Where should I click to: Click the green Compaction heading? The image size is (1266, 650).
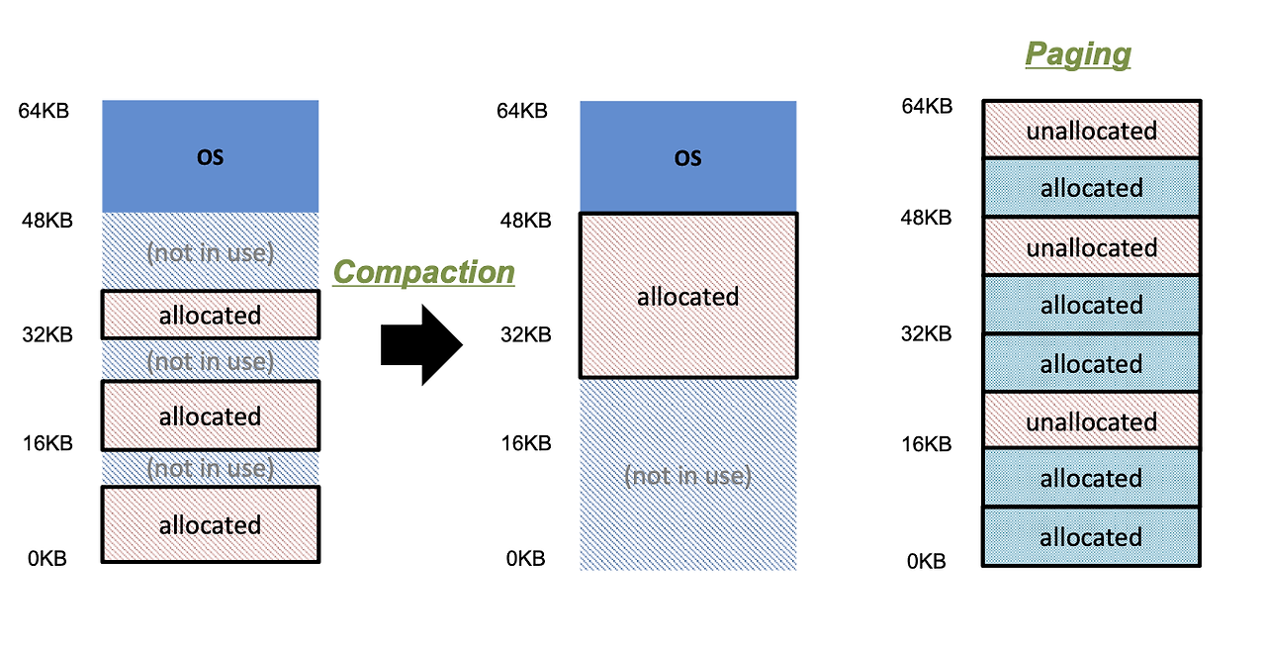pos(423,272)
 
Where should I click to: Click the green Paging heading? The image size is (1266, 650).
pos(1077,53)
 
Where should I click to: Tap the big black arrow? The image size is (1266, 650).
pos(421,344)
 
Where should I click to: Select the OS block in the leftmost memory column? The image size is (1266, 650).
pos(210,156)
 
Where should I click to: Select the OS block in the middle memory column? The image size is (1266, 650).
pos(687,157)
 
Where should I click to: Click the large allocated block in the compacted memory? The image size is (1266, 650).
pos(687,296)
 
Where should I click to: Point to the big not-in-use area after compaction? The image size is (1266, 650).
pos(687,476)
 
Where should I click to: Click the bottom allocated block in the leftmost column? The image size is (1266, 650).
pos(210,524)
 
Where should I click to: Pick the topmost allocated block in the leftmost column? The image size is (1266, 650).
pos(210,315)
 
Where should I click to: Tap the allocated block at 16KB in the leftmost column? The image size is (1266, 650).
pos(210,417)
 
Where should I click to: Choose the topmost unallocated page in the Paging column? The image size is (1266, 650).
pos(1091,130)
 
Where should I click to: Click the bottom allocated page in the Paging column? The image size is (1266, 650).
pos(1091,537)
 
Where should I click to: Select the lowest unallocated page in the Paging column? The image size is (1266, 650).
pos(1091,421)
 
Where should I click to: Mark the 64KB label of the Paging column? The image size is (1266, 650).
pos(926,106)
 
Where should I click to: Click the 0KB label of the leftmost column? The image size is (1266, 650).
pos(46,559)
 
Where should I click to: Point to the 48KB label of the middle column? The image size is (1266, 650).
pos(523,220)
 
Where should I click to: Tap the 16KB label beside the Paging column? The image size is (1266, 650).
pos(926,444)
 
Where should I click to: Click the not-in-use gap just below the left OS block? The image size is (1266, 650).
pos(210,252)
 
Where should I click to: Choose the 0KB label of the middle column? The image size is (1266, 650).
pos(525,559)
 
